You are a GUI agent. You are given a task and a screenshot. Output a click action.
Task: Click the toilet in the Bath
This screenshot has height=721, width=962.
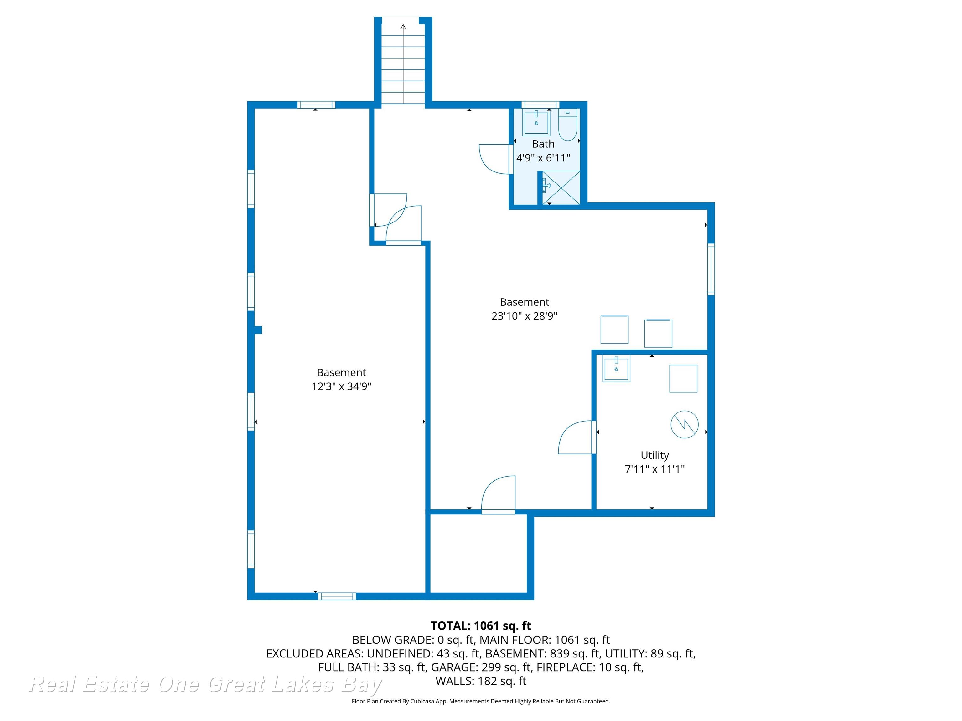coord(567,125)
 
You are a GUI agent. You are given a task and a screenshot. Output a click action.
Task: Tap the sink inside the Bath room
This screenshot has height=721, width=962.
coord(536,123)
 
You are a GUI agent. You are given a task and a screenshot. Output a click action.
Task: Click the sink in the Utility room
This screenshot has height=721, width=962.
coord(616,369)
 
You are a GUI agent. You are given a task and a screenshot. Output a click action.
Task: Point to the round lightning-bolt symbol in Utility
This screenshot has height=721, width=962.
coord(685,424)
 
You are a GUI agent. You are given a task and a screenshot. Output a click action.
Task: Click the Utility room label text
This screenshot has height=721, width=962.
coord(654,455)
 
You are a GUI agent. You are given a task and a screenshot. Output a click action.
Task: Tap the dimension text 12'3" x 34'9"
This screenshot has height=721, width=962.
coord(341,386)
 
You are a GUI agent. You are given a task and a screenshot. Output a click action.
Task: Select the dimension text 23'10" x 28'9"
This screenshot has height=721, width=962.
coord(525,316)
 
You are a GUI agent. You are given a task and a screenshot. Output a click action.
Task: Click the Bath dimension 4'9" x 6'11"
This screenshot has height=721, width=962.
coord(543,158)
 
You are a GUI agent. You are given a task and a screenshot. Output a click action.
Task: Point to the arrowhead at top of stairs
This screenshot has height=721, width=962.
coord(403,27)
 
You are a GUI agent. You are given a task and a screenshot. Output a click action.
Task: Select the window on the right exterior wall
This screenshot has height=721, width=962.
coord(711,269)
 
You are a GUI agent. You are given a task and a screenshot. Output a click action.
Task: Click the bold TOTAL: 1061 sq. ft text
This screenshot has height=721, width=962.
coord(481,626)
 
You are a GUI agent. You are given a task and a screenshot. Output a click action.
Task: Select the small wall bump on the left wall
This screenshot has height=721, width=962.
coord(258,330)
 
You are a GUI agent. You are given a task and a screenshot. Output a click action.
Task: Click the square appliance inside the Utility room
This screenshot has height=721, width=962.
coord(683,379)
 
